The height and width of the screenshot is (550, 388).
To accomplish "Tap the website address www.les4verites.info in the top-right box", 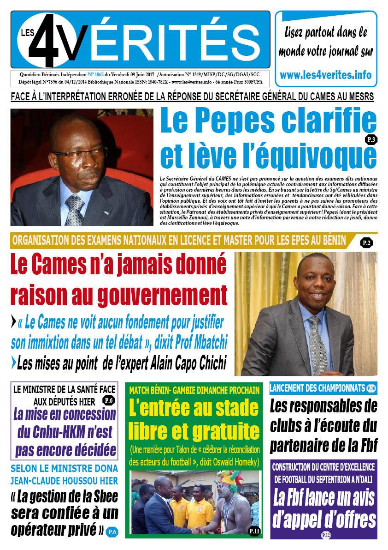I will pos(325,74).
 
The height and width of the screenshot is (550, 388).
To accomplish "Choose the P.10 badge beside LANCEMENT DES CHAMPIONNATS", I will pos(371,389).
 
